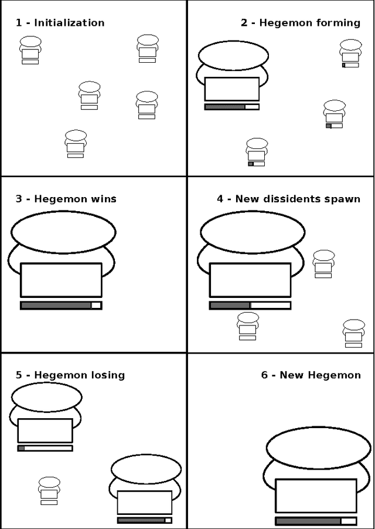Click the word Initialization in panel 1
[69, 23]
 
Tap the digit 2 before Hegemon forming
[244, 23]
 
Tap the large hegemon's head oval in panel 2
[233, 55]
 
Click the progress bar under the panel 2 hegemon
[232, 107]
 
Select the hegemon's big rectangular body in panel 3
[61, 280]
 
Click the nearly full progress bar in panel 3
[61, 306]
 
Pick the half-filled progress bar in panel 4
[250, 306]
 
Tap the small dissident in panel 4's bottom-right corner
[354, 333]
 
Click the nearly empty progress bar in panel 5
[45, 449]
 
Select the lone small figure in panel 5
[49, 491]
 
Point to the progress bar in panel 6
[316, 521]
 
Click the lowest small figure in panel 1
[76, 144]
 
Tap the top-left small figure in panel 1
[30, 50]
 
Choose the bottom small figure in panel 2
[257, 152]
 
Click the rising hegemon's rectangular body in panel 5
[145, 503]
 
